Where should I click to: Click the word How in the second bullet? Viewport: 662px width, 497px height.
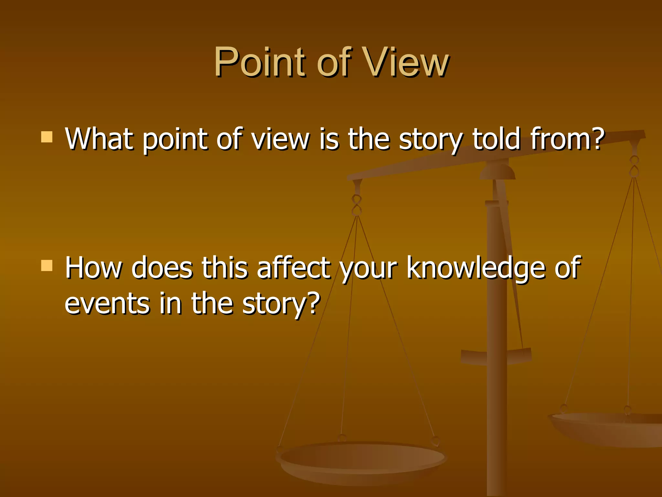pos(93,268)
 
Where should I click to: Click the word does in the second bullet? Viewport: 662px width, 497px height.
pos(162,268)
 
